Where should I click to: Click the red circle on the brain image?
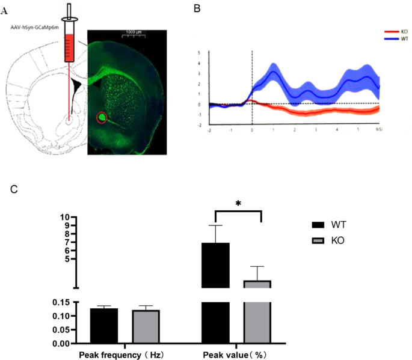pyautogui.click(x=102, y=117)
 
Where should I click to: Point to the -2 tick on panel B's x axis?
pyautogui.click(x=209, y=129)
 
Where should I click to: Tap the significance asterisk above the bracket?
pyautogui.click(x=238, y=204)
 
